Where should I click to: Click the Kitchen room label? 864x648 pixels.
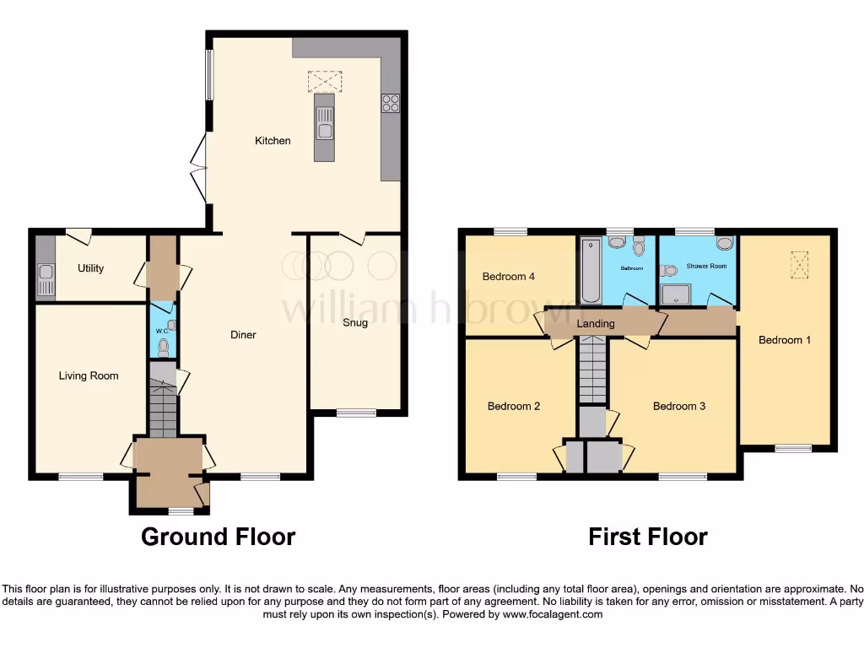pyautogui.click(x=273, y=141)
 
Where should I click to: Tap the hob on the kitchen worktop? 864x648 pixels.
pyautogui.click(x=391, y=103)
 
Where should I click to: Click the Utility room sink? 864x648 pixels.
pyautogui.click(x=45, y=279)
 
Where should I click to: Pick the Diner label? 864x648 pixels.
pyautogui.click(x=243, y=335)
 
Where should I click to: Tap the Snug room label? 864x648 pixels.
pyautogui.click(x=355, y=322)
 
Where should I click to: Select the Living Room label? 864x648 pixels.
pyautogui.click(x=89, y=375)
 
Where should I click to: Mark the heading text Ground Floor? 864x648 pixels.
pyautogui.click(x=218, y=537)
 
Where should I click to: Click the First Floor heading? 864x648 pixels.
pyautogui.click(x=648, y=537)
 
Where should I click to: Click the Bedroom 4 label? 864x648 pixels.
pyautogui.click(x=509, y=277)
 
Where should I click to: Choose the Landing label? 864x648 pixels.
pyautogui.click(x=596, y=323)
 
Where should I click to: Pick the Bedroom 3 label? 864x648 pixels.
pyautogui.click(x=679, y=406)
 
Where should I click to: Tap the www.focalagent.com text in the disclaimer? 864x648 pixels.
pyautogui.click(x=553, y=615)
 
